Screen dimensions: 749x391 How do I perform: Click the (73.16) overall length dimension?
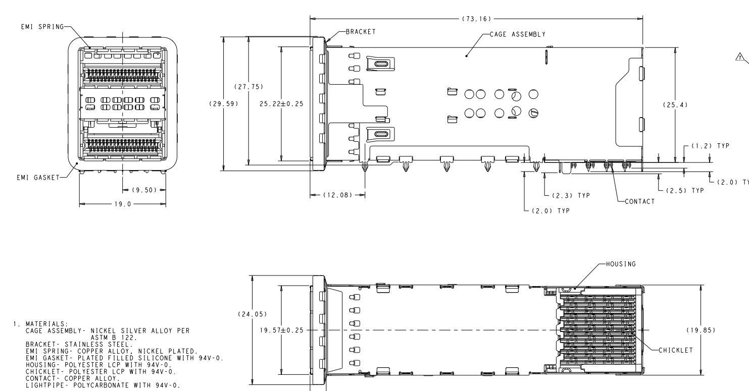pos(476,19)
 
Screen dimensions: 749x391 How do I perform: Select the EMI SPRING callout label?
pos(42,27)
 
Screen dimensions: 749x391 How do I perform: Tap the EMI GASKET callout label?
pos(38,178)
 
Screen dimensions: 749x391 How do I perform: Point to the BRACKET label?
pos(361,32)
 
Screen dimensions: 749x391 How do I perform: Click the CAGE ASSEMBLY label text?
pos(518,34)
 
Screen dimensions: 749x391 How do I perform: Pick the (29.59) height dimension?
pos(224,104)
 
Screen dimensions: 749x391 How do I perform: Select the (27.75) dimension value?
pos(249,87)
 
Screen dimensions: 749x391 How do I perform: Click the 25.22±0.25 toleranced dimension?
pos(281,104)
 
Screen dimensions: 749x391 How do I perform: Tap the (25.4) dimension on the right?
pos(675,105)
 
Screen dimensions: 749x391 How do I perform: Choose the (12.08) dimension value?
pos(338,195)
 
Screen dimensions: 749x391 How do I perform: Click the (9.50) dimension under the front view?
pos(144,190)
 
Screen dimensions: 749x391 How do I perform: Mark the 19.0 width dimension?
pos(123,204)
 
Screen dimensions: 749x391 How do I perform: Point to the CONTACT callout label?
pos(640,202)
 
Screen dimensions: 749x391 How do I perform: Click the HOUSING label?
pos(621,264)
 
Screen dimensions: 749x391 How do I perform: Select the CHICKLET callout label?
pos(676,350)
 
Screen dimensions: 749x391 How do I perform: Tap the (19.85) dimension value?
pos(701,330)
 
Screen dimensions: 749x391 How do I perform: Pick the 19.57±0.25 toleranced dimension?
pos(281,330)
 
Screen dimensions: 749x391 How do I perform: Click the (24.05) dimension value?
pos(253,314)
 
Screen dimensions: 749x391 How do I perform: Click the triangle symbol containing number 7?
pos(740,58)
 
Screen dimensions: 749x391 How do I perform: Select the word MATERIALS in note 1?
pos(47,324)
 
